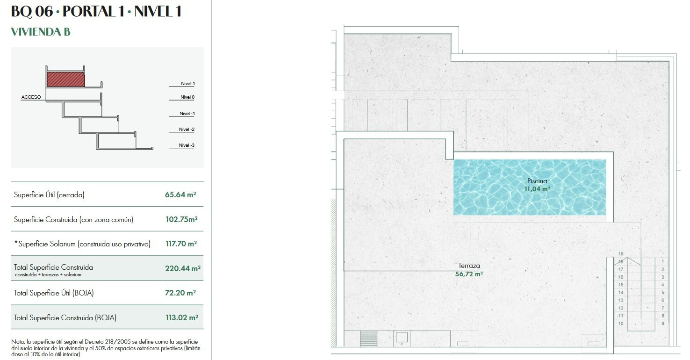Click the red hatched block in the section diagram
66,79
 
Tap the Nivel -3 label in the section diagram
187,145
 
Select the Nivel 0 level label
187,97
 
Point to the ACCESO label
31,97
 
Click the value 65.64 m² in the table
180,194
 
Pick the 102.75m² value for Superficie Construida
181,219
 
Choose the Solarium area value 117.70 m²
181,244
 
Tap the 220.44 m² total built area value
183,268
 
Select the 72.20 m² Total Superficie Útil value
180,293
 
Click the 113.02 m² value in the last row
182,317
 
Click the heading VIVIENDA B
41,32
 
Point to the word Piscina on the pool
537,181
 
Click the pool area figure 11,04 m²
537,189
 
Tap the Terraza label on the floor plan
469,266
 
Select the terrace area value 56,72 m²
469,274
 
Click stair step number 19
621,254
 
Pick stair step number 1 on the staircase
662,261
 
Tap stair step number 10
621,324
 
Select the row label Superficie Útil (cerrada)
49,194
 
